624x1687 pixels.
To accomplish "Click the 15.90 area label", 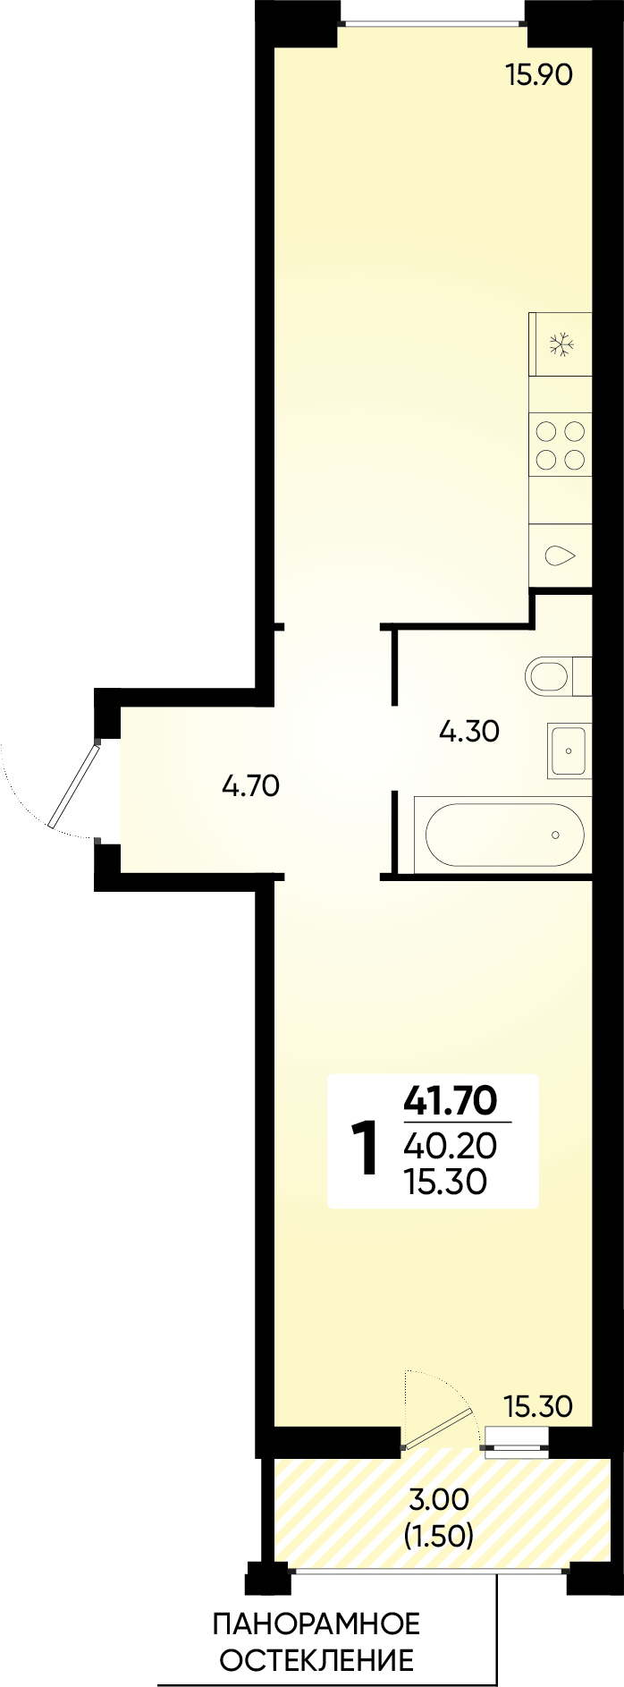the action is click(538, 75).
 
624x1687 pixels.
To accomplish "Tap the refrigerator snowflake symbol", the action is click(561, 345).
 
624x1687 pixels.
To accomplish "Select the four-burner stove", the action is click(561, 446).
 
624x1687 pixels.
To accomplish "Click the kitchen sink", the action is click(561, 555).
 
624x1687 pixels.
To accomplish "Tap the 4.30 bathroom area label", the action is click(469, 733).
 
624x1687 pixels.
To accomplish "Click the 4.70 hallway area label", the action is click(250, 786).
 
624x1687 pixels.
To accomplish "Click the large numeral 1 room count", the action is click(365, 1149).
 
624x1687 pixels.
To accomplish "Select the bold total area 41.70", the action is click(450, 1100).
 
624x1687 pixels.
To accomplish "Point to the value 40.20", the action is click(450, 1146).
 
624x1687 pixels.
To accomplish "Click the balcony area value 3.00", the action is click(438, 1498).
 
